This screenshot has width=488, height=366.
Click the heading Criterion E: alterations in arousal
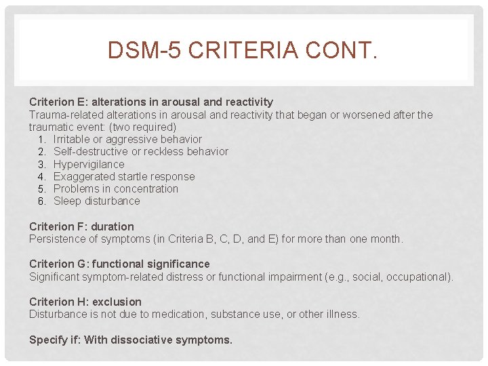150,102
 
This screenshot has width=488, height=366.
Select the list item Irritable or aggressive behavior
127,140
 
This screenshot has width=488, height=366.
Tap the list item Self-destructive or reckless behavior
140,152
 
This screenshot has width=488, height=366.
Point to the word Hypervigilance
89,164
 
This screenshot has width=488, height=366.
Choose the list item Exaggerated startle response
124,176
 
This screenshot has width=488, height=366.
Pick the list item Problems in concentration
116,188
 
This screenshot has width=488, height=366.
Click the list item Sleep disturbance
97,201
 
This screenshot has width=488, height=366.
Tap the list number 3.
41,164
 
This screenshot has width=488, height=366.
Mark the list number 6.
41,201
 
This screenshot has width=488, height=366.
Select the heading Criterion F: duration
81,226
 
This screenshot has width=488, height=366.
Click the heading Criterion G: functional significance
119,264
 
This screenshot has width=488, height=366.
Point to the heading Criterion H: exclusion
85,302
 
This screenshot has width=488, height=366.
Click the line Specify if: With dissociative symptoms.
131,340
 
